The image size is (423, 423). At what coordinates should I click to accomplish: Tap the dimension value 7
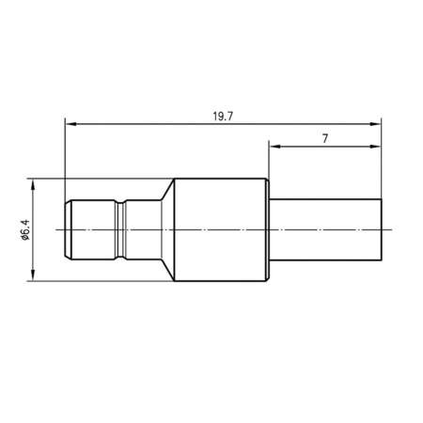[324, 137]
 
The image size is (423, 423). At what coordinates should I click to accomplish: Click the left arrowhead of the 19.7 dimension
[70, 122]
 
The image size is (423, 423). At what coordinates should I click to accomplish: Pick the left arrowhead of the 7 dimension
[274, 147]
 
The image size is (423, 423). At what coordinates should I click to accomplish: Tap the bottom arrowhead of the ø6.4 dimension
[34, 274]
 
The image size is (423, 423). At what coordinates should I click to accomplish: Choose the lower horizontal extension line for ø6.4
[94, 280]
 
